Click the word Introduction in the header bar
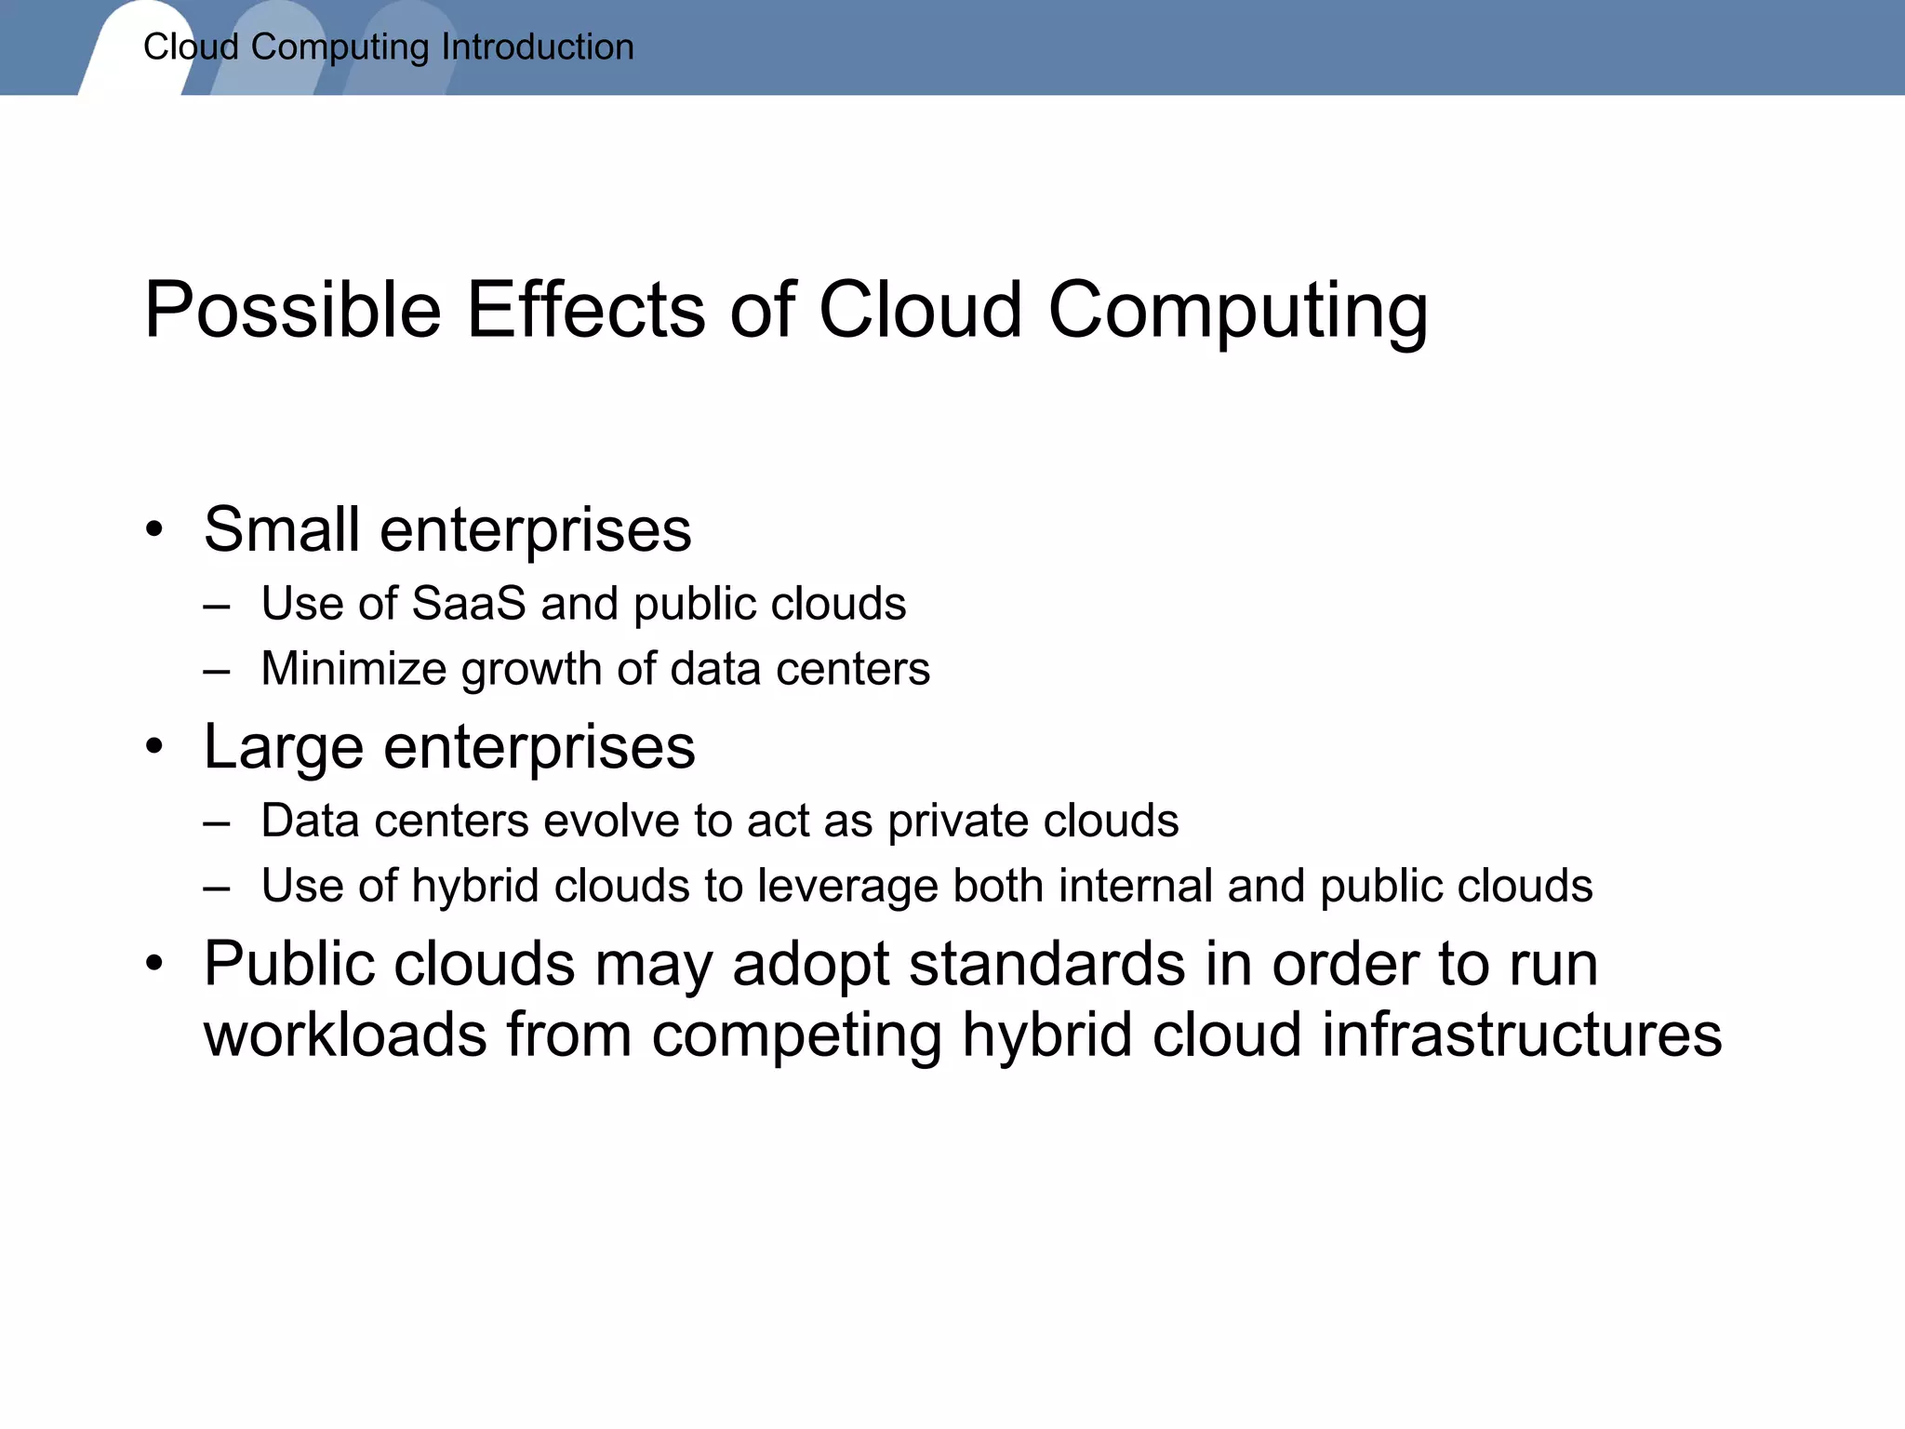tap(538, 47)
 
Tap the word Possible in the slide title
tap(292, 310)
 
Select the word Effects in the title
tap(586, 310)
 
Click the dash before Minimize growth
tap(217, 670)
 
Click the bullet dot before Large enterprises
tap(154, 747)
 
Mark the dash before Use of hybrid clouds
tap(217, 887)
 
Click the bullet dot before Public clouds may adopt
tap(154, 965)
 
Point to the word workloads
tap(345, 1035)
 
